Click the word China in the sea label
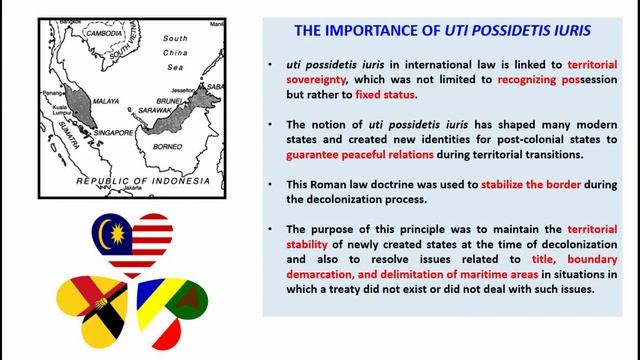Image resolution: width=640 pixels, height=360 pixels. [x=176, y=51]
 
